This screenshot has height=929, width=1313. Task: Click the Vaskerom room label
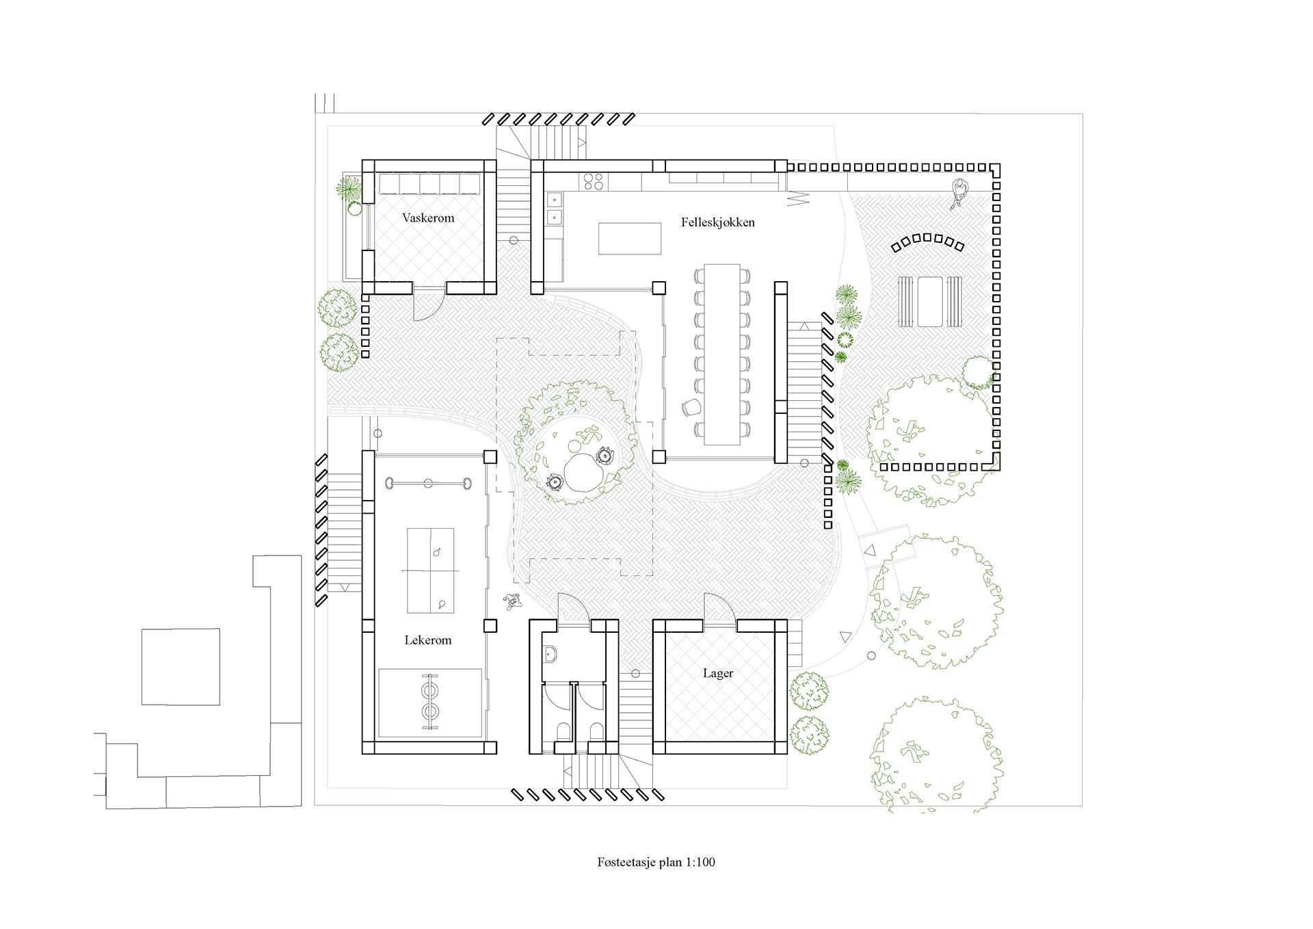pyautogui.click(x=428, y=218)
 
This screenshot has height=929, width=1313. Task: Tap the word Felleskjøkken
pyautogui.click(x=718, y=222)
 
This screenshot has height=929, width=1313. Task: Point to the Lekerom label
pyautogui.click(x=428, y=640)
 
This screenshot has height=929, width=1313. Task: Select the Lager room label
pyautogui.click(x=718, y=673)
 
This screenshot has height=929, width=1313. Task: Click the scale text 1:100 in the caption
pyautogui.click(x=700, y=862)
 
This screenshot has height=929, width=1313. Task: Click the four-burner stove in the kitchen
pyautogui.click(x=593, y=181)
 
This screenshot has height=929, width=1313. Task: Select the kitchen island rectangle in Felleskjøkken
pyautogui.click(x=630, y=239)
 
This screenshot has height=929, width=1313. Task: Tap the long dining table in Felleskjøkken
pyautogui.click(x=722, y=354)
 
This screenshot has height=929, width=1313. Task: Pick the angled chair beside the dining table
pyautogui.click(x=691, y=408)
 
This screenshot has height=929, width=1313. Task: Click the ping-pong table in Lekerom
pyautogui.click(x=431, y=571)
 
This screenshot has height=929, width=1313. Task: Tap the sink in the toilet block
pyautogui.click(x=550, y=655)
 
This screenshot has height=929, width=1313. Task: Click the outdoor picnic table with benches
pyautogui.click(x=930, y=302)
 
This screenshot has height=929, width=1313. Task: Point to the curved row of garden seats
pyautogui.click(x=927, y=241)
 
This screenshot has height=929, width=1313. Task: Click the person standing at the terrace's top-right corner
pyautogui.click(x=959, y=193)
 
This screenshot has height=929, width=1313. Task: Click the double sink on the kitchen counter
pyautogui.click(x=554, y=209)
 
